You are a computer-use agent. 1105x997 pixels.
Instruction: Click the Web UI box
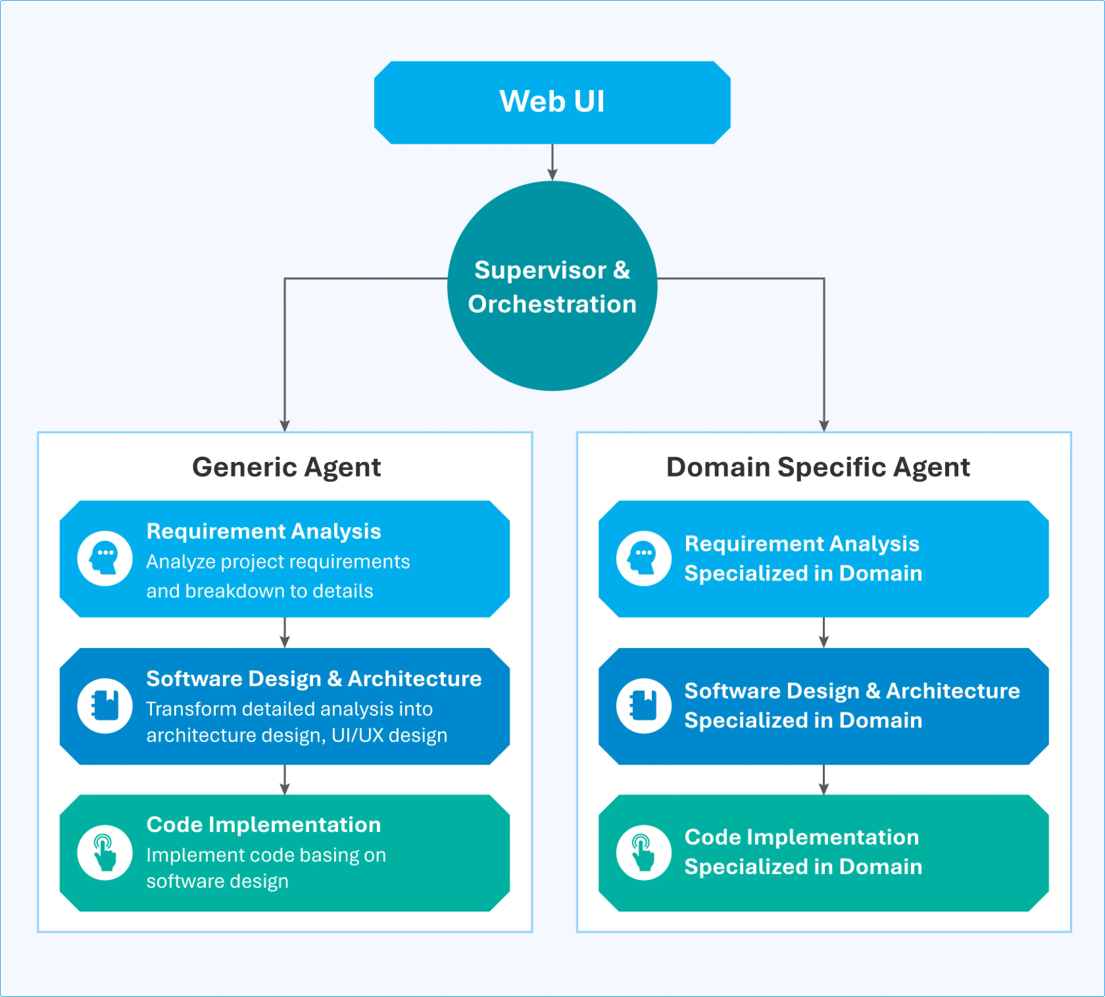pyautogui.click(x=552, y=102)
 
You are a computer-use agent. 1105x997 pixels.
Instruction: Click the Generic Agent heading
pyautogui.click(x=286, y=467)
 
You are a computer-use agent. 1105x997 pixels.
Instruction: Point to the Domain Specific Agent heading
pyautogui.click(x=818, y=467)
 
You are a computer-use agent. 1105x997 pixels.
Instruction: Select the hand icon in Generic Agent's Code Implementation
pyautogui.click(x=105, y=852)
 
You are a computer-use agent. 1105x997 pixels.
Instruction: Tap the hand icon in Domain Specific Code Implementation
pyautogui.click(x=643, y=852)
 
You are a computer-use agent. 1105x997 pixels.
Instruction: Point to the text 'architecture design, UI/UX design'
pyautogui.click(x=296, y=735)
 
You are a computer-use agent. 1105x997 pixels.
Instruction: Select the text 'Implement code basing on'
pyautogui.click(x=266, y=855)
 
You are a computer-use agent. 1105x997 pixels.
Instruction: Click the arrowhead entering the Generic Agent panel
pyautogui.click(x=284, y=426)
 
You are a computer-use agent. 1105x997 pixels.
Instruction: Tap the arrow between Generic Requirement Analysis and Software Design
pyautogui.click(x=284, y=633)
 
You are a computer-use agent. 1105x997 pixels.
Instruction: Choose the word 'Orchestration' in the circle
pyautogui.click(x=552, y=304)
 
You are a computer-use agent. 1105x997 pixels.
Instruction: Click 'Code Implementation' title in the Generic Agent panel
pyautogui.click(x=264, y=824)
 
